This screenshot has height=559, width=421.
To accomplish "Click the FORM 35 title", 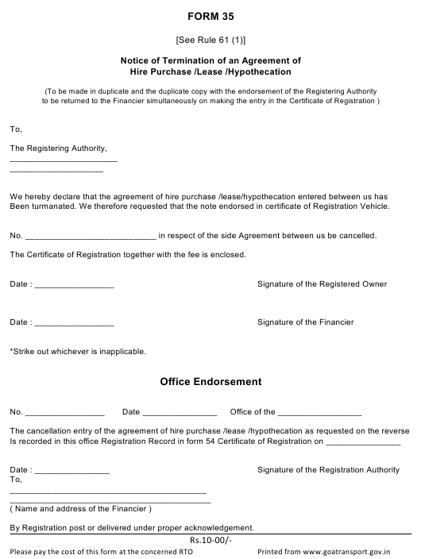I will point(210,15).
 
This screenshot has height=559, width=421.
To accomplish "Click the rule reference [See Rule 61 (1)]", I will point(210,40).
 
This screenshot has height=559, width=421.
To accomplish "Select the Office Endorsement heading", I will point(210,381).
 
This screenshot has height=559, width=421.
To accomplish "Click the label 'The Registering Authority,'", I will point(57,148).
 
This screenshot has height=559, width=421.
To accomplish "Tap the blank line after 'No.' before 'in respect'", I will point(91,236).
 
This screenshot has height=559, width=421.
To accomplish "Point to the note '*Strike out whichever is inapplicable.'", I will point(78,351).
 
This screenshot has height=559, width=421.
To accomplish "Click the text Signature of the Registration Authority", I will point(328,470).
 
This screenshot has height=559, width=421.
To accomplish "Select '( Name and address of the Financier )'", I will point(80,508).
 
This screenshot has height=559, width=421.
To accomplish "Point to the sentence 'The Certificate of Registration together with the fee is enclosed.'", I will point(128,255).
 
